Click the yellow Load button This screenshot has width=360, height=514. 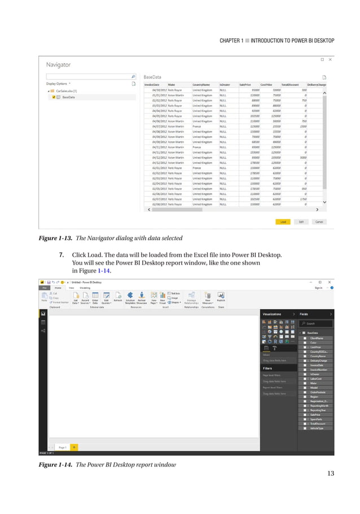click(283, 222)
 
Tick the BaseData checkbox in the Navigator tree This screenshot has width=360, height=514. click(54, 97)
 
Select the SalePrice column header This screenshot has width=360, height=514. click(245, 85)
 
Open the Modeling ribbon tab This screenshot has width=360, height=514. click(85, 287)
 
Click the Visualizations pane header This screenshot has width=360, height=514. click(274, 313)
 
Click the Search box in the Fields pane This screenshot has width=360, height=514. click(318, 324)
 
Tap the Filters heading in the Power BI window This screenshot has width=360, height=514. click(267, 368)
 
